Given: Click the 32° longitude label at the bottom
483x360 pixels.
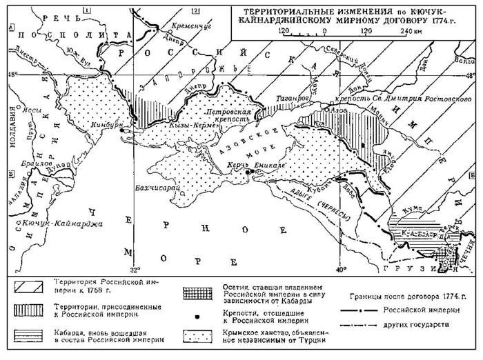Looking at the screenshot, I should click(x=136, y=268).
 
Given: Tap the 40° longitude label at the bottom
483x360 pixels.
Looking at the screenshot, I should click(x=340, y=268).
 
